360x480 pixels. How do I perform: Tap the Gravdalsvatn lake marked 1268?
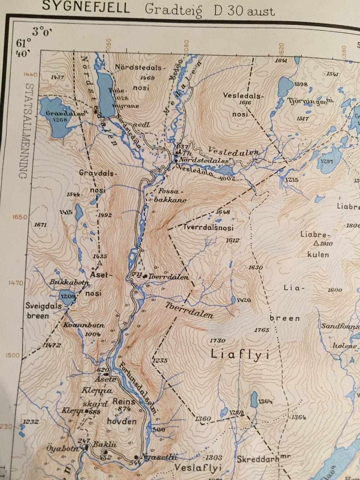coord(55,116)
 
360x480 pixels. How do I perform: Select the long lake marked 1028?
coord(105,94)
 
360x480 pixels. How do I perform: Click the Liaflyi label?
coord(240,354)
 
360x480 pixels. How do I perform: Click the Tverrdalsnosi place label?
coord(208,228)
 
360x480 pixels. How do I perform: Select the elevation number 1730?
coord(217,340)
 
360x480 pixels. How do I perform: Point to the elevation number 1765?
coord(261,330)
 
